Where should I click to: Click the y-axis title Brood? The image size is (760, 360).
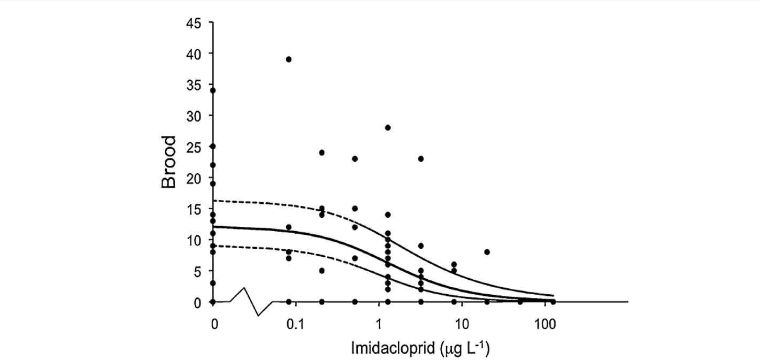tap(169, 162)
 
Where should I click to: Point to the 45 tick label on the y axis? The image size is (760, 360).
tap(194, 23)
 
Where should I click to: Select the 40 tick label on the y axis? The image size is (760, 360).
tap(194, 53)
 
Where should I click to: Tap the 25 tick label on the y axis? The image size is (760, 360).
tap(194, 147)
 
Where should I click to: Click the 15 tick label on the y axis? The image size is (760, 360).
tap(194, 209)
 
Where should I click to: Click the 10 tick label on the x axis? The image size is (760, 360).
tap(461, 325)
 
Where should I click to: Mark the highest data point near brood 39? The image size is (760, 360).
tap(289, 59)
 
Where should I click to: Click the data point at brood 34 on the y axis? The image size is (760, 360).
tap(213, 90)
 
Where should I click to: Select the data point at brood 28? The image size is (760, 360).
tap(388, 127)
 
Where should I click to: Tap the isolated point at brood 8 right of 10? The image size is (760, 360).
tap(487, 252)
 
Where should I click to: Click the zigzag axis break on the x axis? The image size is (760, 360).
tap(251, 302)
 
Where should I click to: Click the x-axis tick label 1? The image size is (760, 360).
tap(379, 325)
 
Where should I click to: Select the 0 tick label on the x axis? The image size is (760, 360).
tap(213, 325)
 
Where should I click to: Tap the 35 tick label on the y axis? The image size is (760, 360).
tap(194, 85)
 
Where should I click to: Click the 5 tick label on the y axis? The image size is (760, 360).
tap(197, 271)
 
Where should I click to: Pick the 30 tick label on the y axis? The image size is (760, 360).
tap(194, 116)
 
